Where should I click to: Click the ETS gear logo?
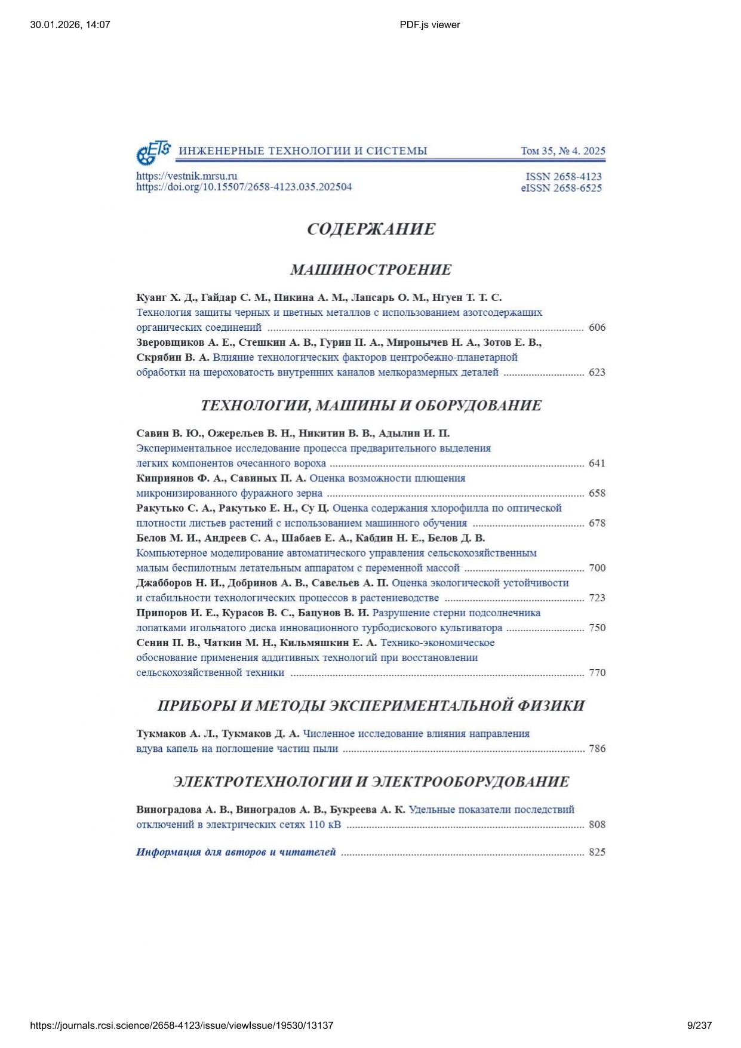point(153,152)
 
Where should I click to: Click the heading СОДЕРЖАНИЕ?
point(371,229)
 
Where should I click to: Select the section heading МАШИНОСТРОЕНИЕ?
point(371,270)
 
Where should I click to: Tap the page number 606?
point(597,327)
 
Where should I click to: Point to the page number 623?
point(597,372)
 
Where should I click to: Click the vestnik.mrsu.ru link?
point(186,176)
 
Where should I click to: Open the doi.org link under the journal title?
point(244,187)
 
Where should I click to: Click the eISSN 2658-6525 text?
point(561,188)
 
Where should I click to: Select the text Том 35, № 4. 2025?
point(562,151)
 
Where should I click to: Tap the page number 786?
point(597,748)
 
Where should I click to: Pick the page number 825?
point(597,852)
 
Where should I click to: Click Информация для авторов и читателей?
point(236,852)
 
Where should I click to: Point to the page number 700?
point(597,568)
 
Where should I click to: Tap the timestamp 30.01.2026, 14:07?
point(70,24)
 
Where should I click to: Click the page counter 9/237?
point(699,1025)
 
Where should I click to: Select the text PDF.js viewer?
point(430,24)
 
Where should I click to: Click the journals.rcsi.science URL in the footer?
point(182,1025)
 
